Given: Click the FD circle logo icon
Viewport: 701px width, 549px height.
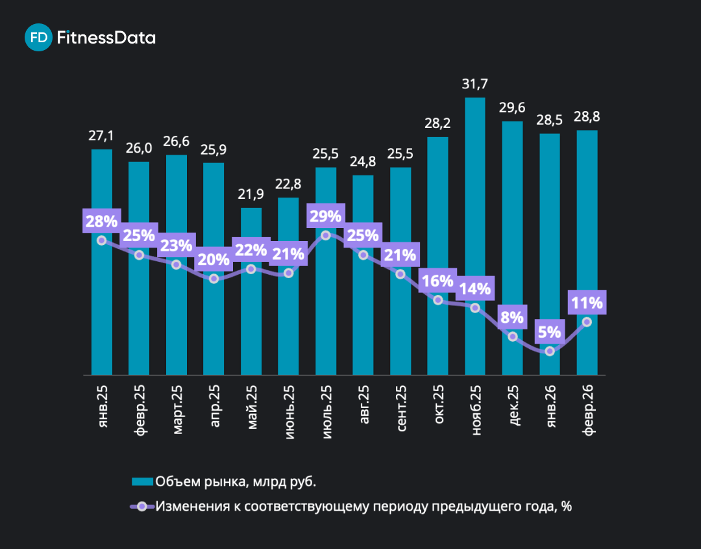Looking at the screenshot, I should tap(38, 38).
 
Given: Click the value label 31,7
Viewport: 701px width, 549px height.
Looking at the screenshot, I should tap(475, 84).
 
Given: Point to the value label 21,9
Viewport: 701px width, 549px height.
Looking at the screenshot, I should tap(251, 194).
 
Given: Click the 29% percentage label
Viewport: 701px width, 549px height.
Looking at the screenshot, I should tap(326, 216).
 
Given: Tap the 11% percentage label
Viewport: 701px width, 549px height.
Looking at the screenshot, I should tap(587, 302).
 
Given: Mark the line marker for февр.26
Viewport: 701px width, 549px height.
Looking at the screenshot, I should tap(587, 322).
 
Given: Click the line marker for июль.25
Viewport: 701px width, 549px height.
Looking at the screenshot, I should tap(326, 235).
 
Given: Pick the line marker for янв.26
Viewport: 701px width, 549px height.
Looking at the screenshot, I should tap(550, 351).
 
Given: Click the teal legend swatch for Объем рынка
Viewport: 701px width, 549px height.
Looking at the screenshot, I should tap(142, 481).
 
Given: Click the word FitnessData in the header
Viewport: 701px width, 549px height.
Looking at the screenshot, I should tap(106, 38).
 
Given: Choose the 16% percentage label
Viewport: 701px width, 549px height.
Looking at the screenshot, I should tap(437, 281).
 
